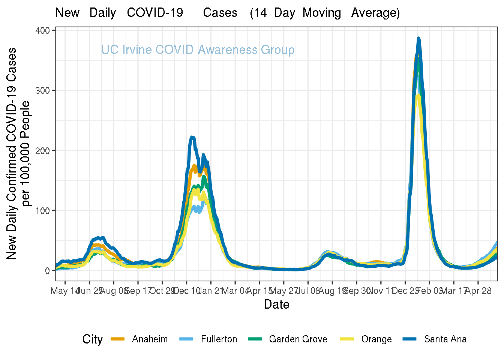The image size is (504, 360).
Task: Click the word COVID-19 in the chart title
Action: [x=155, y=13]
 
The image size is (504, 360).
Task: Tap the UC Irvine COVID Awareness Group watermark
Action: [x=198, y=50]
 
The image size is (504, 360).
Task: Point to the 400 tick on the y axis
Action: [x=43, y=30]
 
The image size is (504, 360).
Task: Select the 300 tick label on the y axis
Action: [x=43, y=90]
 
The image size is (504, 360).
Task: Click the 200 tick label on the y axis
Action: [x=43, y=150]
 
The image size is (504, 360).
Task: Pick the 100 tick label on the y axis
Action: [x=43, y=211]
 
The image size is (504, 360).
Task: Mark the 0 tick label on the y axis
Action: [x=48, y=271]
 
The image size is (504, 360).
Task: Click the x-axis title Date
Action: [x=276, y=304]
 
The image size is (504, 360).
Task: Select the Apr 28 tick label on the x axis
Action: [x=478, y=291]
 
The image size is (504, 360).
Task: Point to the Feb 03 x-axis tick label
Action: [x=430, y=291]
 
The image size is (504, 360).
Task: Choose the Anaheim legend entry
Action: [x=150, y=339]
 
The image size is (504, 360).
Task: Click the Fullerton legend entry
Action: [x=219, y=339]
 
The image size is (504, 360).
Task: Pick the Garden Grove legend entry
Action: [x=298, y=339]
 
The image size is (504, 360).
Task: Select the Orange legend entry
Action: [x=376, y=339]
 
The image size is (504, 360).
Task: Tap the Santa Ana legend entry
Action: [x=445, y=339]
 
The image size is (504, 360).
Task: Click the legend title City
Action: [x=93, y=339]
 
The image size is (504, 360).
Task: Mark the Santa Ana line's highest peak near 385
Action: [x=418, y=38]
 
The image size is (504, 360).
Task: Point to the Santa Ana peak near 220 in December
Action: [x=192, y=137]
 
